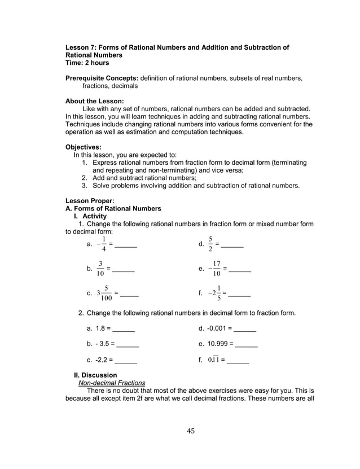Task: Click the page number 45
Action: [190, 432]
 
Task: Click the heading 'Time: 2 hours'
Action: [87, 63]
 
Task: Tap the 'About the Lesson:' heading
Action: [94, 101]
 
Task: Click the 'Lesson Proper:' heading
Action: [90, 200]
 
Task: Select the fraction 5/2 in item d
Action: [210, 244]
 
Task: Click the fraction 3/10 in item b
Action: [100, 269]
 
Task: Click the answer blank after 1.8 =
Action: [124, 328]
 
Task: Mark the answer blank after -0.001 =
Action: [245, 328]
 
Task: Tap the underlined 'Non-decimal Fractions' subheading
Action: [112, 383]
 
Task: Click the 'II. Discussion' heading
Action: [95, 375]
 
